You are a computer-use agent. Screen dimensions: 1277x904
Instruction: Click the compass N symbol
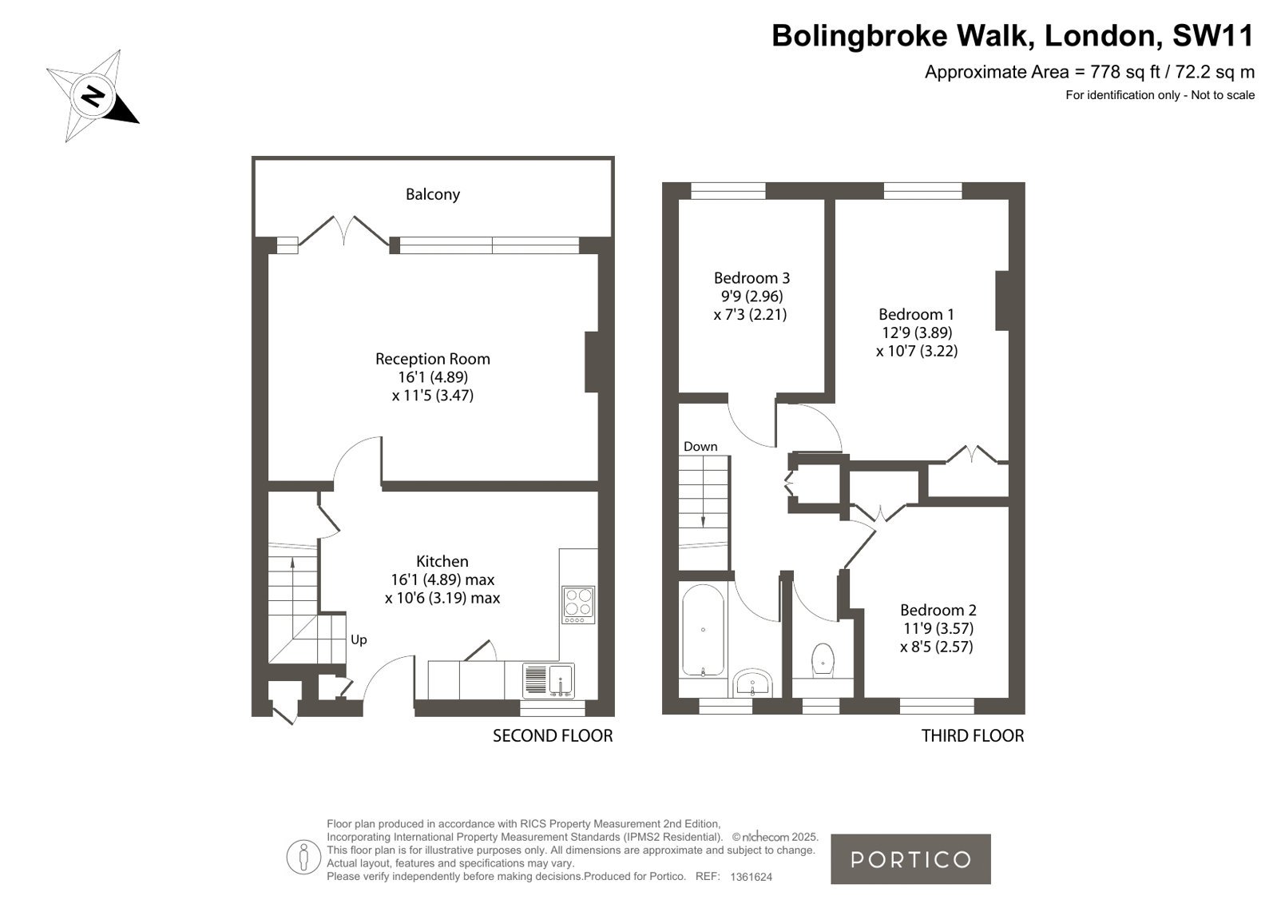click(x=92, y=95)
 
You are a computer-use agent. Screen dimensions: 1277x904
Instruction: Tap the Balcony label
click(x=433, y=194)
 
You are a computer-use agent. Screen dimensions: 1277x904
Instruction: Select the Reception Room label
click(x=433, y=359)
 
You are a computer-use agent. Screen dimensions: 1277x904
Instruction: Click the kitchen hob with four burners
click(x=579, y=605)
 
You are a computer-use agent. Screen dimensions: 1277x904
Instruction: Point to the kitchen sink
click(x=549, y=680)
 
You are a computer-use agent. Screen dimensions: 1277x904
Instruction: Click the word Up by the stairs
click(x=359, y=639)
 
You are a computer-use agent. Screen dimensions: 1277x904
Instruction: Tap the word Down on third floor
click(x=700, y=446)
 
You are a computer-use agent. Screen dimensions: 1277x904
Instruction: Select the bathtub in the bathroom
click(x=703, y=631)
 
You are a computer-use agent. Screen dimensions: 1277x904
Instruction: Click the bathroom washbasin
click(x=752, y=683)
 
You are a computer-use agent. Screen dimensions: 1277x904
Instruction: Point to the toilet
click(x=822, y=660)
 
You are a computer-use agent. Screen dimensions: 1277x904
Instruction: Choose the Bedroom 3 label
click(x=752, y=278)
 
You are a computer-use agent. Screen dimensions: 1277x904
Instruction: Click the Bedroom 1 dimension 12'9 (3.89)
click(x=917, y=333)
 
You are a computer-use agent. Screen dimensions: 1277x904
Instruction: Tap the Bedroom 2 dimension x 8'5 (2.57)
click(x=937, y=647)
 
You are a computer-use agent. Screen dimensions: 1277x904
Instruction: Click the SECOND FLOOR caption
click(x=553, y=736)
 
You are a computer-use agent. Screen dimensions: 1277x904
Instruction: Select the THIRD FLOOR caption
click(x=973, y=736)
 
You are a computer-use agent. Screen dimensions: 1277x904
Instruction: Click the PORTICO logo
click(x=910, y=859)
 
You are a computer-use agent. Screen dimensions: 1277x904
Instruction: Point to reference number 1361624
click(x=751, y=877)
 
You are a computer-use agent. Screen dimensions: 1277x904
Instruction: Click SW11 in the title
click(x=1212, y=35)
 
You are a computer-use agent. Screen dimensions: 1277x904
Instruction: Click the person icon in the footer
click(x=303, y=858)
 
